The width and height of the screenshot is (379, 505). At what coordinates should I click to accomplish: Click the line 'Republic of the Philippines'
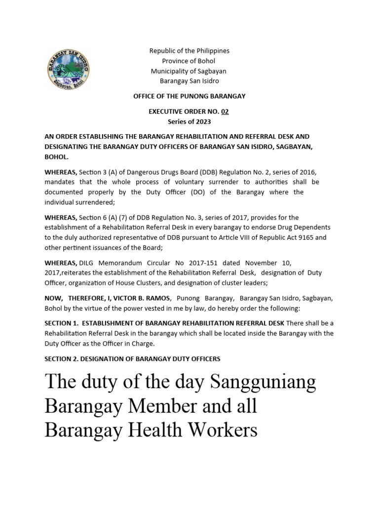(x=189, y=51)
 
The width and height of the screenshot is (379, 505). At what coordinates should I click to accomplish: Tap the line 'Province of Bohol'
(x=189, y=61)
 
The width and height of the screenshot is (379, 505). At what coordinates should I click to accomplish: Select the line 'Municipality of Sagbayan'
(x=189, y=71)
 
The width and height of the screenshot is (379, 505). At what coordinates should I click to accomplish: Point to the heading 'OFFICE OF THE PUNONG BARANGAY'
(x=189, y=96)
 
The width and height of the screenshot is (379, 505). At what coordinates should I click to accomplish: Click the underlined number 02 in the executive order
(x=225, y=111)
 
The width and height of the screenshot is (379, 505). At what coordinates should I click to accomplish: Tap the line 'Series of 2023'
(x=189, y=121)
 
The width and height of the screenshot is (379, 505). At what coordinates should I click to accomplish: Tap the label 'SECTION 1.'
(x=61, y=323)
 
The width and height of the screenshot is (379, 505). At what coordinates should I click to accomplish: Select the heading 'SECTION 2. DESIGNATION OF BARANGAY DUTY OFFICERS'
(x=132, y=359)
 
